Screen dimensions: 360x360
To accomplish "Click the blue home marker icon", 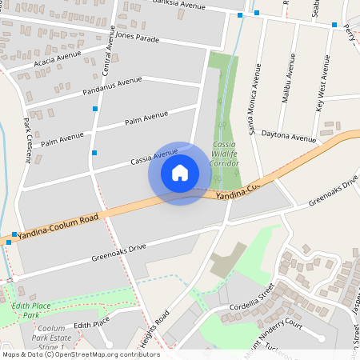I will coord(180,173).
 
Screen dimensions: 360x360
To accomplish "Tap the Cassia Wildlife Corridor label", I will coord(224,154).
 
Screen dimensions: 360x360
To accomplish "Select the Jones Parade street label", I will coord(138,36).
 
